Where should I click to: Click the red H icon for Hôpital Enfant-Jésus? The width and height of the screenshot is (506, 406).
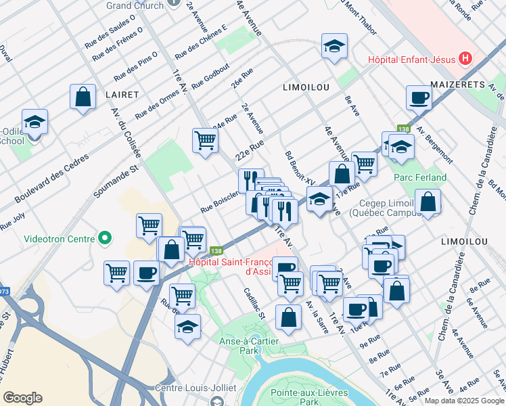point(465,59)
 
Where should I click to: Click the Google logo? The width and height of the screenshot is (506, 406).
point(23,397)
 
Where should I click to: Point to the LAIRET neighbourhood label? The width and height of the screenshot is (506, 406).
point(122,95)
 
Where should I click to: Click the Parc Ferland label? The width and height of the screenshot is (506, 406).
point(420,177)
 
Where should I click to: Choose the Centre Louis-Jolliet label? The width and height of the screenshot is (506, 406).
point(195,388)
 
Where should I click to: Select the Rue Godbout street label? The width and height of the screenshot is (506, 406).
point(210,76)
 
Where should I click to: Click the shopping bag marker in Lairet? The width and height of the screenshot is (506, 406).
point(83,96)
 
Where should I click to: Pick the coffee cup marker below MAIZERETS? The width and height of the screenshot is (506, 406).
point(419,97)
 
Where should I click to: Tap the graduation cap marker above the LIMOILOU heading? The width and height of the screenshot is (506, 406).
point(334,47)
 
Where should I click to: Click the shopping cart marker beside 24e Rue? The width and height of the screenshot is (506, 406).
point(205,141)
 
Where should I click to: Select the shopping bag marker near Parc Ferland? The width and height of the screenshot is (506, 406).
point(428,201)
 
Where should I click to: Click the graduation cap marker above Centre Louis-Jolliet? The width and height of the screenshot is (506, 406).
point(187,327)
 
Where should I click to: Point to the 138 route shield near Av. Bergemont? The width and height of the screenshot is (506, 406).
point(404,129)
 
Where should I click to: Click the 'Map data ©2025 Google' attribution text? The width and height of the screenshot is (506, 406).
point(463,400)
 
